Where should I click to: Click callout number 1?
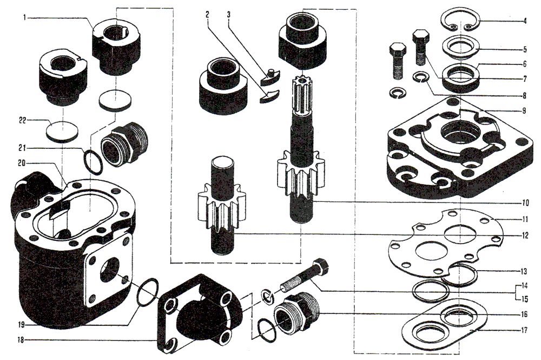24,17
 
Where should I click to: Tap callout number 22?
22,121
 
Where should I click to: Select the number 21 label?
22,148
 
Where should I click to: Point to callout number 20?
22,162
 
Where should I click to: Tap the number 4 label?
525,21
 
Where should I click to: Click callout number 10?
525,202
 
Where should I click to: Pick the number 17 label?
524,330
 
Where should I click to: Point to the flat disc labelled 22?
62,130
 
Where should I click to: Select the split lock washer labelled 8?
420,77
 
